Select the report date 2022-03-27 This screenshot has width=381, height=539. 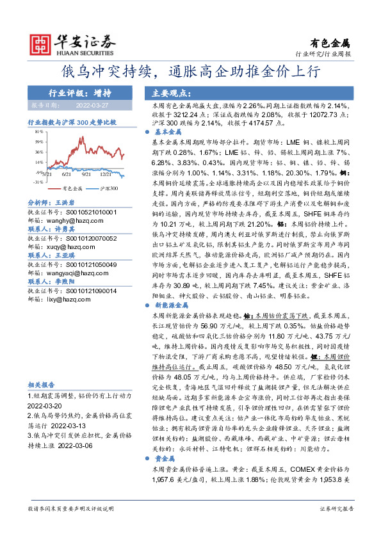[x=92, y=104]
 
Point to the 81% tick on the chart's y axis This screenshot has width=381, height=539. [x=38, y=131]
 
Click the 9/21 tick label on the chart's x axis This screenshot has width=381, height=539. [x=86, y=173]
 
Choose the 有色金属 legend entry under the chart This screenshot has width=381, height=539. [x=73, y=189]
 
